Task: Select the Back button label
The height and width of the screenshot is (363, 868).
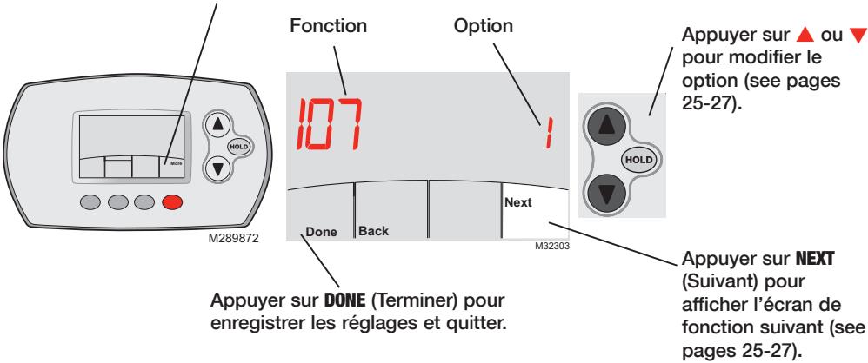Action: (374, 231)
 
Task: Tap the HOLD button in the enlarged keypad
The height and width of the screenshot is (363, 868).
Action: (640, 162)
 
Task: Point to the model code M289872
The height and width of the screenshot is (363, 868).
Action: (237, 236)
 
